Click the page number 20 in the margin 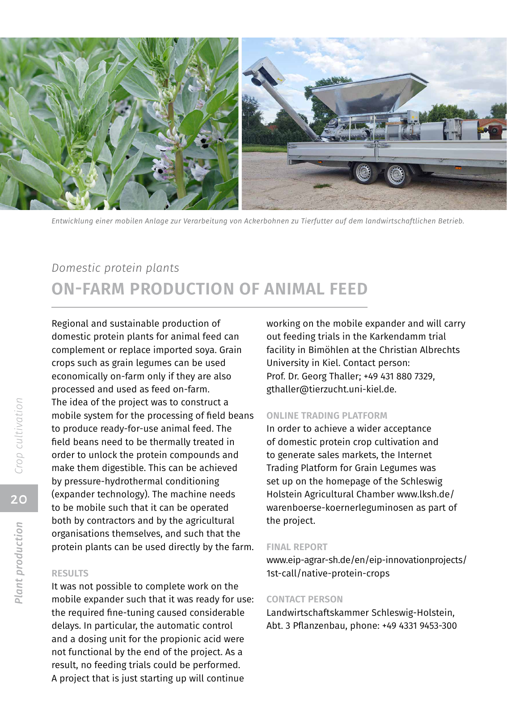[x=19, y=499]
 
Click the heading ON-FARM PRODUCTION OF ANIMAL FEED [x=209, y=289]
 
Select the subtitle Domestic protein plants [x=115, y=268]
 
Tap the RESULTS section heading [x=70, y=573]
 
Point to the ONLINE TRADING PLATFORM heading [x=327, y=416]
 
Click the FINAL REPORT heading [x=297, y=547]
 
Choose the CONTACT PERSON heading [x=304, y=599]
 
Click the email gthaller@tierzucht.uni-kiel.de [x=331, y=389]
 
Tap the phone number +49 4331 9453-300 [x=419, y=626]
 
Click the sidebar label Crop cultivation [x=19, y=436]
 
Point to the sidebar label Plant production [x=19, y=563]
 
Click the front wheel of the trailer [x=363, y=172]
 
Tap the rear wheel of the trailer [x=396, y=175]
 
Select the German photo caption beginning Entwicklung [x=258, y=221]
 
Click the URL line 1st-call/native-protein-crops [x=328, y=573]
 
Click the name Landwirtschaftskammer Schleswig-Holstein [x=360, y=613]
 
